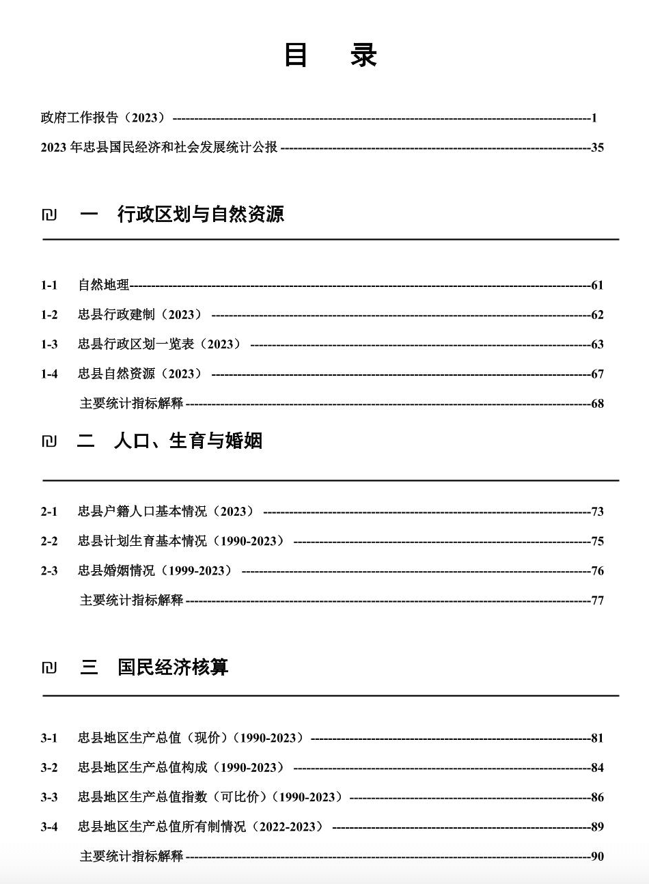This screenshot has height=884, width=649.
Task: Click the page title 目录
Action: coord(331,55)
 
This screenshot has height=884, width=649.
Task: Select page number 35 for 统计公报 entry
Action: coord(597,148)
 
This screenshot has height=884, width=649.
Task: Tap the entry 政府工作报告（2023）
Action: coord(103,118)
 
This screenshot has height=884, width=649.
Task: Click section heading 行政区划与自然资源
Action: coord(201,215)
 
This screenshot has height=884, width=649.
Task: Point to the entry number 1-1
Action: coord(49,286)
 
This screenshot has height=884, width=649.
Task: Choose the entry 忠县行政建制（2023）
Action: coord(140,315)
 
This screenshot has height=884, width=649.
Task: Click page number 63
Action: coord(597,344)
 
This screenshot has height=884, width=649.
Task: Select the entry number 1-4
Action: coord(49,374)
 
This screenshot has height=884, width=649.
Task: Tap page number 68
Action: coord(597,404)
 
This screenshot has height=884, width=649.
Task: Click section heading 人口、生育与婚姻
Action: coord(189,441)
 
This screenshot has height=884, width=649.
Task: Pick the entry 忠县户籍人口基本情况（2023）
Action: coord(166,512)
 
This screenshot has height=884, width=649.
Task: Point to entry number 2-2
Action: coord(49,541)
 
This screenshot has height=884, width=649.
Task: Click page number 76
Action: coord(597,571)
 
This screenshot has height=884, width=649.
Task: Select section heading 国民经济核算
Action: coord(173,667)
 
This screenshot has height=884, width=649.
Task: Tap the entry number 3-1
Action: coord(49,738)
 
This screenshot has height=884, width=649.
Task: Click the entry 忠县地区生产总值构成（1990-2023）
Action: coord(181,768)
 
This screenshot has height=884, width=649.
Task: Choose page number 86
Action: coord(597,797)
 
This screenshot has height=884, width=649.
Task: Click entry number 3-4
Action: coord(49,827)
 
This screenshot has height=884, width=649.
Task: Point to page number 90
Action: coord(597,857)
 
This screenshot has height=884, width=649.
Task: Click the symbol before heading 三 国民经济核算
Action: coord(49,667)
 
